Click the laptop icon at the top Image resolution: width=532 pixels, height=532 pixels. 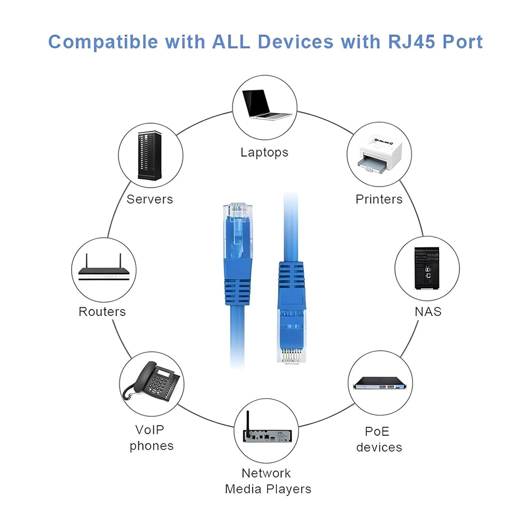(x=264, y=105)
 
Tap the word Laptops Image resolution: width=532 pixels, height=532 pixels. (x=264, y=152)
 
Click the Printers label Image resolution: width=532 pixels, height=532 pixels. (x=379, y=199)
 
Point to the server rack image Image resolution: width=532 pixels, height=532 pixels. (x=150, y=156)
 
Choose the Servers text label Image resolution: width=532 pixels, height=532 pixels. (x=150, y=199)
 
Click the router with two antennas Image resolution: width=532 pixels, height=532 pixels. (x=103, y=270)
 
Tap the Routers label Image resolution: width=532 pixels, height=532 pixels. (x=102, y=312)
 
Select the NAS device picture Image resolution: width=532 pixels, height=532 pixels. (x=427, y=268)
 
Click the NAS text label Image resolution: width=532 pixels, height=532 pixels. (x=428, y=312)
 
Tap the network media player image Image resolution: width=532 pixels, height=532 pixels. (x=266, y=431)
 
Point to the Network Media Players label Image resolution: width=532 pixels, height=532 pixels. (x=267, y=481)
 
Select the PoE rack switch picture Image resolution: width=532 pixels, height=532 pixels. (x=379, y=383)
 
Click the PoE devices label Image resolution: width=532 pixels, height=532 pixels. (x=379, y=440)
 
